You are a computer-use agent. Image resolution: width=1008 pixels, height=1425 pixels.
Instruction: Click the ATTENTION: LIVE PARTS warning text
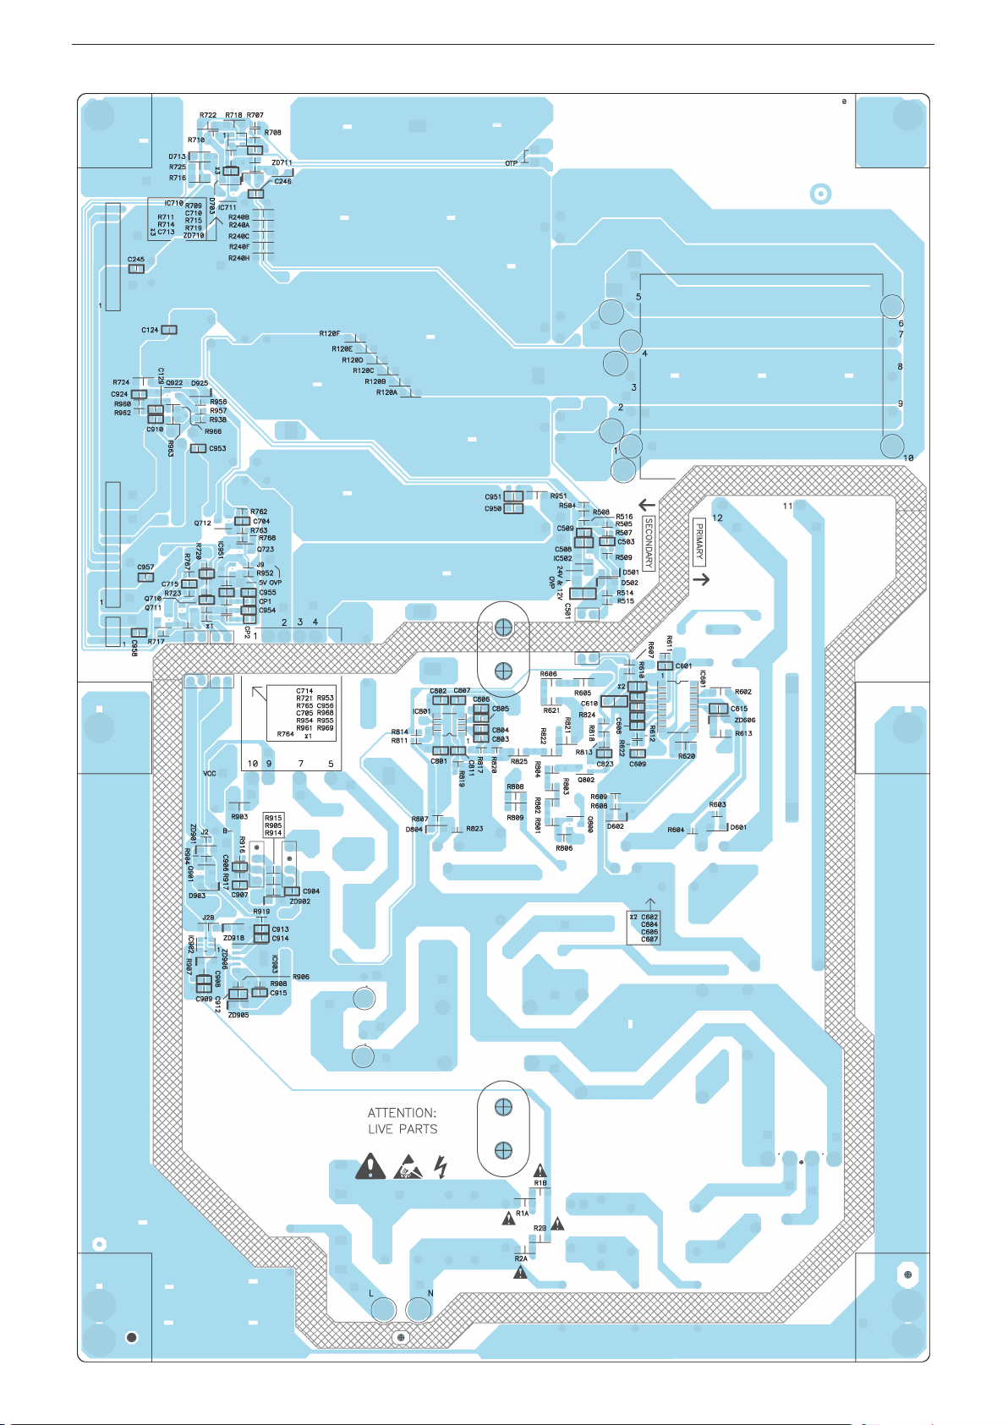tap(403, 1121)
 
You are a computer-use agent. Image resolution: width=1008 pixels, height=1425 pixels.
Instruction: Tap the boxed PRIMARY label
tap(699, 542)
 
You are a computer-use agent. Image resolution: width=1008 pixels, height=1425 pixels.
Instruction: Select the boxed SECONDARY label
tap(649, 544)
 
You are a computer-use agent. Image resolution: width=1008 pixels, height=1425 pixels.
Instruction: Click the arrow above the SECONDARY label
tap(648, 505)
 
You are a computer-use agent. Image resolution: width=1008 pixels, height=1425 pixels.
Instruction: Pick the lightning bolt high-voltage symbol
tap(440, 1167)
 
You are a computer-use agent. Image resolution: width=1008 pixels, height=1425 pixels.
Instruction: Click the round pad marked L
tap(383, 1309)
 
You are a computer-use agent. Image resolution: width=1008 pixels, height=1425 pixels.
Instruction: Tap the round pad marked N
tap(419, 1309)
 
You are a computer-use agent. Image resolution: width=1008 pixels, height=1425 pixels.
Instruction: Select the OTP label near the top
tap(511, 163)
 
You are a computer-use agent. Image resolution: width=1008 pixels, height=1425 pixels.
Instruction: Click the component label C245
tap(135, 260)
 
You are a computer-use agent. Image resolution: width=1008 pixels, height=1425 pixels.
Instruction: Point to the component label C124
tap(150, 330)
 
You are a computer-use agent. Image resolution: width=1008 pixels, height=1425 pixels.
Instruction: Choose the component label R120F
tap(329, 334)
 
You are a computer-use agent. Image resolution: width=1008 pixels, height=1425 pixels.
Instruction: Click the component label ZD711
tap(282, 162)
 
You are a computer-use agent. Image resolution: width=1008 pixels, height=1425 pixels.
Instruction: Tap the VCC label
tap(210, 774)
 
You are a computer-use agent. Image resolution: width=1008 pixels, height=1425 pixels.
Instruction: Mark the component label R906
tap(301, 977)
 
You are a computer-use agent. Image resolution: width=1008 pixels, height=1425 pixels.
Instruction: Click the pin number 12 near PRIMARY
tap(717, 518)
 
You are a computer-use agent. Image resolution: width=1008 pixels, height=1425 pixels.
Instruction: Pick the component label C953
tap(217, 448)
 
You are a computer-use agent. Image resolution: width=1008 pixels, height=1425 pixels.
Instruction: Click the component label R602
tap(742, 692)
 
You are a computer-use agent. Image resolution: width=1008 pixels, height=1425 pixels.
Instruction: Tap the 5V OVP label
tap(270, 583)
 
